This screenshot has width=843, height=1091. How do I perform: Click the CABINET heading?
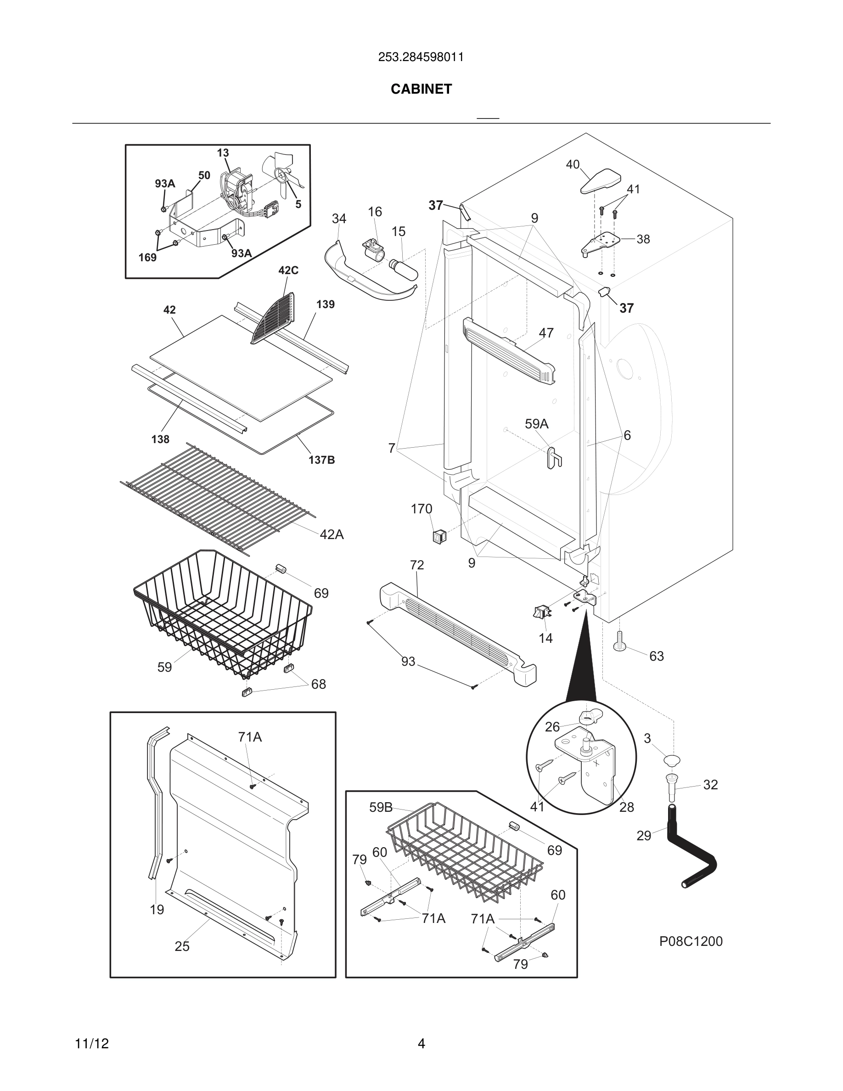pos(421,89)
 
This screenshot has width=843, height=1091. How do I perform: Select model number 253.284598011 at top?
pos(421,57)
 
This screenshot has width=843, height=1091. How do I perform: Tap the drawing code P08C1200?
pos(691,941)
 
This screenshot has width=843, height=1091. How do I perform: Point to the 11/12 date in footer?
pos(92,1044)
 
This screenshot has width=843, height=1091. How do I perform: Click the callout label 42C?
pos(288,270)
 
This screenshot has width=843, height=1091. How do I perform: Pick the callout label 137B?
pos(321,460)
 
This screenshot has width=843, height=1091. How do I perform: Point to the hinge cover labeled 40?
pos(601,181)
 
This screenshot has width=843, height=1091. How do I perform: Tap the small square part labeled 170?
pos(438,537)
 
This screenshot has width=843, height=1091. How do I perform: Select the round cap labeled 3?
pos(672,761)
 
